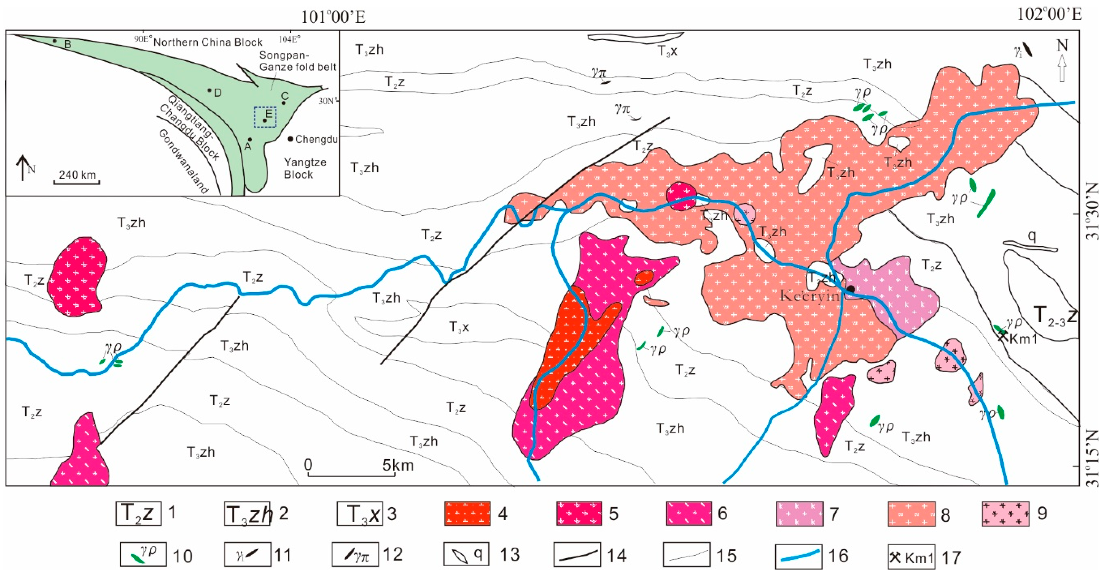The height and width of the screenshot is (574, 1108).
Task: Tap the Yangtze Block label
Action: (305, 168)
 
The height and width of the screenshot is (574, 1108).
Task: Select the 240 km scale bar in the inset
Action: (77, 182)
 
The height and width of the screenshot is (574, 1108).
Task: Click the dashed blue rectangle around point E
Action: (265, 117)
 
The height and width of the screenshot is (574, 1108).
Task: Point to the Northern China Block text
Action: (207, 42)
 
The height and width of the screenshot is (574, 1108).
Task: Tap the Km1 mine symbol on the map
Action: (1002, 336)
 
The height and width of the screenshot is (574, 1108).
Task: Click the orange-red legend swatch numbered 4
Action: (467, 513)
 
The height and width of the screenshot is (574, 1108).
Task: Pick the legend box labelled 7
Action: (799, 513)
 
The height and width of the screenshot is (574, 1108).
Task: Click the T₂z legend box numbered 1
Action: (138, 513)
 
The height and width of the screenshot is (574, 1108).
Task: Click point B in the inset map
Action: (55, 41)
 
